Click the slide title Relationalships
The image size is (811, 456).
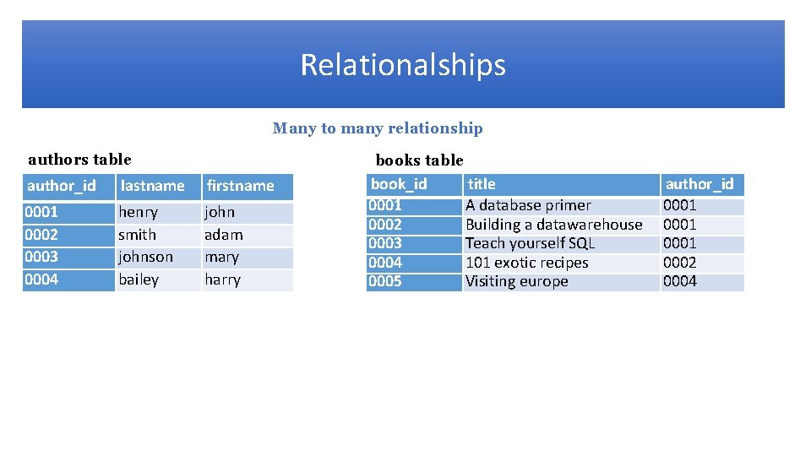pyautogui.click(x=403, y=65)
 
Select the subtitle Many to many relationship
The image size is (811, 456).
pyautogui.click(x=378, y=128)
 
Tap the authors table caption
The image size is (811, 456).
pyautogui.click(x=79, y=159)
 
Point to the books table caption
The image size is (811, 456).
pyautogui.click(x=419, y=160)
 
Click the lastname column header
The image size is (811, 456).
pyautogui.click(x=152, y=186)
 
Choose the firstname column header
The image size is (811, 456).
pyautogui.click(x=241, y=186)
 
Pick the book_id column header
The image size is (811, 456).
pyautogui.click(x=400, y=184)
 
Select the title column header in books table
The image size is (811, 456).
pyautogui.click(x=482, y=184)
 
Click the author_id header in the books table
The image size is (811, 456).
pyautogui.click(x=699, y=184)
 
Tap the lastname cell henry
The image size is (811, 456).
pyautogui.click(x=139, y=212)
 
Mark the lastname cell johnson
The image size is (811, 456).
pyautogui.click(x=145, y=257)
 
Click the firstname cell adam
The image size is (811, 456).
pyautogui.click(x=224, y=235)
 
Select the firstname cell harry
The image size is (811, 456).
pyautogui.click(x=223, y=280)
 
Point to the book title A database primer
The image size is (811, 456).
pyautogui.click(x=528, y=205)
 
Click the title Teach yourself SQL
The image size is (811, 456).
pyautogui.click(x=530, y=243)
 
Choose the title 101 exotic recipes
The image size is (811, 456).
pyautogui.click(x=526, y=263)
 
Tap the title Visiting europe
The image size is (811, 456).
pyautogui.click(x=516, y=281)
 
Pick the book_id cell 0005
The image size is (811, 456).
pyautogui.click(x=385, y=281)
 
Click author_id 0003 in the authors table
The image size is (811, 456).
pyautogui.click(x=41, y=257)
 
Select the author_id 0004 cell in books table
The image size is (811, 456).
pyautogui.click(x=680, y=281)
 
